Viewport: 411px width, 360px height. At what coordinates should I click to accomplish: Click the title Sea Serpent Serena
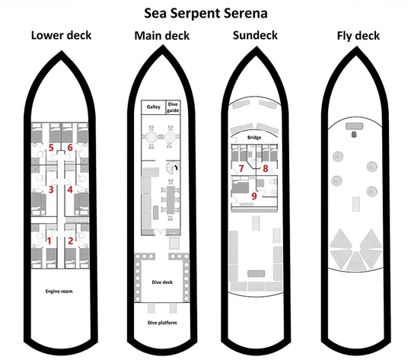tap(205, 14)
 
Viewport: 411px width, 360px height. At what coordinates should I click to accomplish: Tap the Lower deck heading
tap(61, 36)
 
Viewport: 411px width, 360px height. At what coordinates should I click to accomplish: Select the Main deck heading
tap(161, 36)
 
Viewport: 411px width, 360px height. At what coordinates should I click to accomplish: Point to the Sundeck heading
tap(255, 36)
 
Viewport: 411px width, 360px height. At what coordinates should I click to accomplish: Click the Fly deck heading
tap(358, 36)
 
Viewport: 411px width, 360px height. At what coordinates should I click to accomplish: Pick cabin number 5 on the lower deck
tap(51, 148)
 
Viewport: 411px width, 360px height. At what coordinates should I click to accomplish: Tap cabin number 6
tap(70, 148)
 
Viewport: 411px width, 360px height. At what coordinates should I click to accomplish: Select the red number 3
tap(51, 190)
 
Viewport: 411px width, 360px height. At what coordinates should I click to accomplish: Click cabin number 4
tap(70, 190)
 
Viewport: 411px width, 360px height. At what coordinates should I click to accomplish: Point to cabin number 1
tap(49, 241)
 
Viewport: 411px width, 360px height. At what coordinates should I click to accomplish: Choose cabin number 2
tap(70, 241)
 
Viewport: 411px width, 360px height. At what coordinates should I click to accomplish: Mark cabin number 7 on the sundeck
tap(241, 168)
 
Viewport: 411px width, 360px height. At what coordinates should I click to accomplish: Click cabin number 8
tap(266, 168)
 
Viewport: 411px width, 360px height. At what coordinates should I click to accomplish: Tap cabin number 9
tap(253, 196)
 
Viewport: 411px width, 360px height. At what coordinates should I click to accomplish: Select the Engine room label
tap(59, 291)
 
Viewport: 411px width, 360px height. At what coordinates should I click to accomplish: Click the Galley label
tap(153, 107)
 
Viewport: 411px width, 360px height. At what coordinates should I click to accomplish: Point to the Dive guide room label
tap(173, 107)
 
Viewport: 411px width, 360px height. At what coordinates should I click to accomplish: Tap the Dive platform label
tap(162, 323)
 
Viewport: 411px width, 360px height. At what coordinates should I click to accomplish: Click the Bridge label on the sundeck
tap(254, 138)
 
